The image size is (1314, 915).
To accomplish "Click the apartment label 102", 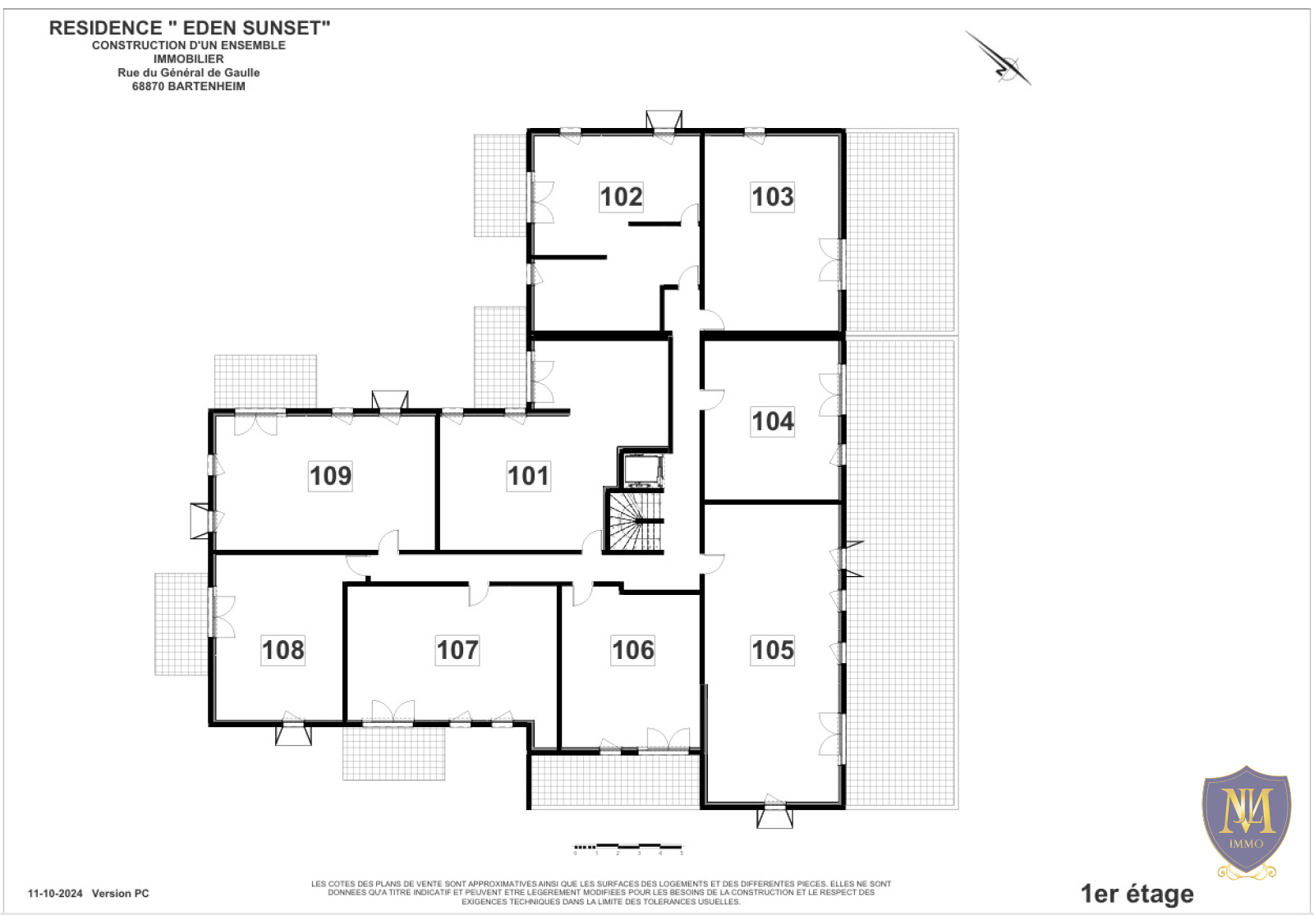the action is tap(621, 196).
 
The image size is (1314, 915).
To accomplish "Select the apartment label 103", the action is tap(773, 196).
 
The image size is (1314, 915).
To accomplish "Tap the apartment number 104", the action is tap(773, 422).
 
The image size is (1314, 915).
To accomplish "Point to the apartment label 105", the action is tap(773, 650).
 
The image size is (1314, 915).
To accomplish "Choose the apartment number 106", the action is tap(632, 650).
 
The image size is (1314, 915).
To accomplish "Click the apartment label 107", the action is tap(457, 650).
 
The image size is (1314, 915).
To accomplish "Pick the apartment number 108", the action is tap(283, 650).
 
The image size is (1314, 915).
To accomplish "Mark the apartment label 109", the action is tap(330, 476).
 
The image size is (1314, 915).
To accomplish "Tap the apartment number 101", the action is tap(529, 476).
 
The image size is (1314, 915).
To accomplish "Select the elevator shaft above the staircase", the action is tap(643, 470).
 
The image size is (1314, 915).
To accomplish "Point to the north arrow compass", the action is tap(999, 58).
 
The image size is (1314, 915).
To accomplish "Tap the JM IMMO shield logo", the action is tap(1246, 821).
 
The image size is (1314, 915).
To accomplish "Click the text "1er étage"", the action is tap(1137, 894).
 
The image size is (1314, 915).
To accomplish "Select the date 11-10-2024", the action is tap(55, 894).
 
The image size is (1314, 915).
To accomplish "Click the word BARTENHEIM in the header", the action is tap(206, 86).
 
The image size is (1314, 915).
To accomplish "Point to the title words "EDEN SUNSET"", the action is tap(256, 28).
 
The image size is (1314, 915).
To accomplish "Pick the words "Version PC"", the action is tap(120, 894).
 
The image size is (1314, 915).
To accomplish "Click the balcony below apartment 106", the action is tap(615, 780).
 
